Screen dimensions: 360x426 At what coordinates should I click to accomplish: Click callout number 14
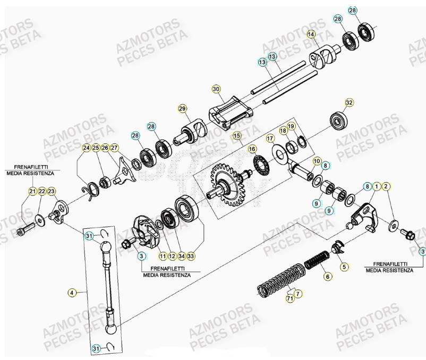pos(311,35)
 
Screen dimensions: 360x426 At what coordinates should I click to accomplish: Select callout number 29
pos(182,109)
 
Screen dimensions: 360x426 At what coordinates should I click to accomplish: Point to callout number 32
pos(349,102)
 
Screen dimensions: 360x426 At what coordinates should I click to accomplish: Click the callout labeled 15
pos(237,136)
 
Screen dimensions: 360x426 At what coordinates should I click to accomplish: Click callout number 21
pos(32,191)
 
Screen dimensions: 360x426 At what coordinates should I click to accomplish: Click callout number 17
pos(270,139)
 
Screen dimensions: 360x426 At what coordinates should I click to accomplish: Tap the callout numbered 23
pos(52,191)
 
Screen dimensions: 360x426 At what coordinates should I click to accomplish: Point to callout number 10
pos(317,160)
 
